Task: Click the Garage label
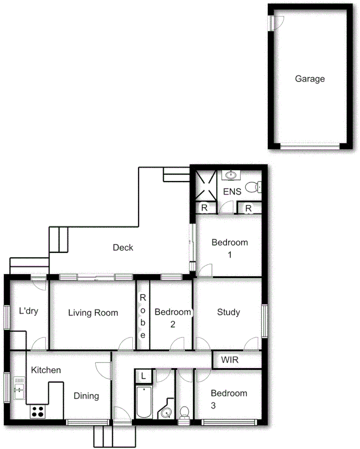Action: [310, 79]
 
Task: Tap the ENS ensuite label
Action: [232, 192]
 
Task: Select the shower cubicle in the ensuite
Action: [205, 184]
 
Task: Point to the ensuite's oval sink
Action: [230, 175]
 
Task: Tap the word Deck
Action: [123, 248]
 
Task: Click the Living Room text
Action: [93, 313]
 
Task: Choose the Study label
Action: [229, 312]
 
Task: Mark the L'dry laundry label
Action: [28, 311]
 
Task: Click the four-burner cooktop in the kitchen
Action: [37, 411]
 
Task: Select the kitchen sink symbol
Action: [19, 388]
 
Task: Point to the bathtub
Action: [144, 402]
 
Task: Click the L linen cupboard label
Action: [144, 376]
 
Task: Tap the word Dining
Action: [86, 396]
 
